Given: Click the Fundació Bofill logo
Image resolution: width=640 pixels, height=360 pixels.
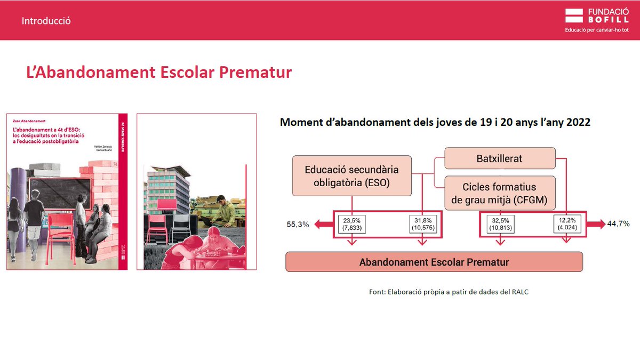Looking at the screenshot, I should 597,16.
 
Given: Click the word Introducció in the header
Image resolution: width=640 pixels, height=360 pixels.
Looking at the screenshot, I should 46,21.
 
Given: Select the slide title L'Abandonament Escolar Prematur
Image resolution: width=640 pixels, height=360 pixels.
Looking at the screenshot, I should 159,72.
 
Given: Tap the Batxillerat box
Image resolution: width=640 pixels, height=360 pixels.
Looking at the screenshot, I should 499,159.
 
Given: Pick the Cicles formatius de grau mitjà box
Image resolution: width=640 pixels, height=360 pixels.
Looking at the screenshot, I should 500,193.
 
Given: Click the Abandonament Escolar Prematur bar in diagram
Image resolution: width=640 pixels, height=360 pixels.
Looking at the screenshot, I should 434,262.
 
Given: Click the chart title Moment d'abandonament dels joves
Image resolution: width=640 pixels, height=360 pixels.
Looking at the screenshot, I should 435,123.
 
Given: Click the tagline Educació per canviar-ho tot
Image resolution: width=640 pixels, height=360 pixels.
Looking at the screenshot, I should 597,30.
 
